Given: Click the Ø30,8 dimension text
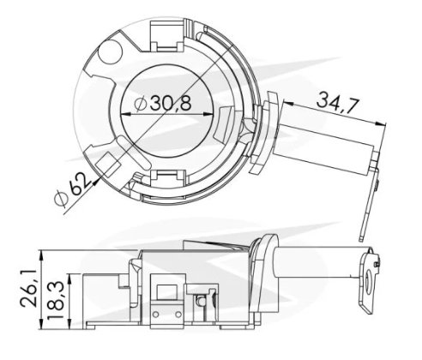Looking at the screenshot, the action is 163,103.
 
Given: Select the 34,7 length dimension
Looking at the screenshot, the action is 337,102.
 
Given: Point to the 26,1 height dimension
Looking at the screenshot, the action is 28,288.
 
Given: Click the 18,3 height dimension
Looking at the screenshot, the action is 54,300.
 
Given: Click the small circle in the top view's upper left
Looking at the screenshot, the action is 110,52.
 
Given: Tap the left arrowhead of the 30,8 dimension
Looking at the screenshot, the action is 126,114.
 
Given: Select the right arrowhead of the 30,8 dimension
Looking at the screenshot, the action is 208,114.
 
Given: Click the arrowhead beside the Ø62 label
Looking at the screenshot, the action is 95,182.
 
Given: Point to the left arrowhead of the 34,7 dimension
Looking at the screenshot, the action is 288,103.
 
